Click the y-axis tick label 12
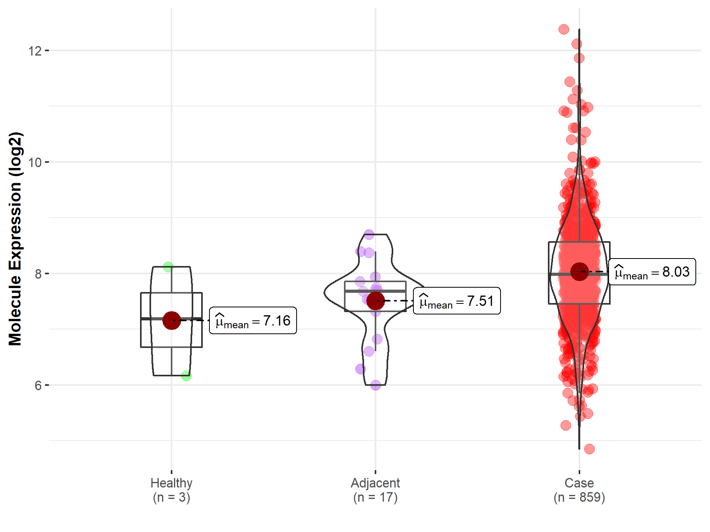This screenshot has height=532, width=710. pyautogui.click(x=35, y=51)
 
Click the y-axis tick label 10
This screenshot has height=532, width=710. pyautogui.click(x=35, y=162)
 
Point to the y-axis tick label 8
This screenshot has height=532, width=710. pyautogui.click(x=38, y=274)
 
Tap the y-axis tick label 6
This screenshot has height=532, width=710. pyautogui.click(x=38, y=385)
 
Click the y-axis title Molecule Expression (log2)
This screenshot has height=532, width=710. pyautogui.click(x=15, y=239)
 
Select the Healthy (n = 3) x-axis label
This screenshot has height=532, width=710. pyautogui.click(x=172, y=490)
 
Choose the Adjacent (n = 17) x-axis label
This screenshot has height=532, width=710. pyautogui.click(x=375, y=490)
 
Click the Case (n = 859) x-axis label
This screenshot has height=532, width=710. pyautogui.click(x=579, y=490)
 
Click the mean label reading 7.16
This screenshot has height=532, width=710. pyautogui.click(x=253, y=321)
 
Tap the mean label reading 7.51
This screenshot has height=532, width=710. pyautogui.click(x=457, y=301)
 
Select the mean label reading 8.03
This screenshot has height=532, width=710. pyautogui.click(x=652, y=272)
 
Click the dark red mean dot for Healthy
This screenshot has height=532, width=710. pyautogui.click(x=172, y=320)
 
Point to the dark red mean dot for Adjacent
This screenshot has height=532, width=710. pyautogui.click(x=376, y=301)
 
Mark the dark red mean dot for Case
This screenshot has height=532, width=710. pyautogui.click(x=579, y=272)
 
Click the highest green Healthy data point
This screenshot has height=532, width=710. pyautogui.click(x=168, y=267)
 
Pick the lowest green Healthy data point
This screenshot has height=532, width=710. pyautogui.click(x=186, y=376)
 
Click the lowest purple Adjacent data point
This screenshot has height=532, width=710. pyautogui.click(x=376, y=385)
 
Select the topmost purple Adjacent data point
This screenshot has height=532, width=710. pyautogui.click(x=369, y=234)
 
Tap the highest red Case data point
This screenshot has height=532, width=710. pyautogui.click(x=564, y=29)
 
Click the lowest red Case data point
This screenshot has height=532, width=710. pyautogui.click(x=589, y=449)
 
